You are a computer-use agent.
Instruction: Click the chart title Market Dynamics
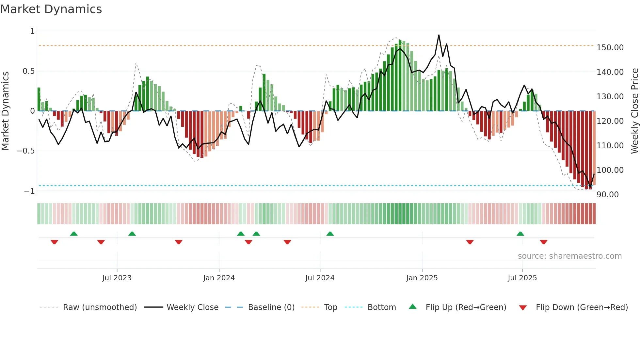click(51, 9)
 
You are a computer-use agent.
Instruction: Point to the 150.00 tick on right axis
click(610, 48)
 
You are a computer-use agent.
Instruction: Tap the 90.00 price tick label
click(607, 195)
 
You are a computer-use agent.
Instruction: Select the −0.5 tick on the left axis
click(25, 151)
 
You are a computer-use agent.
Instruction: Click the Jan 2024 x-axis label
click(219, 278)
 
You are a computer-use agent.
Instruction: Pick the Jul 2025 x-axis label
click(522, 278)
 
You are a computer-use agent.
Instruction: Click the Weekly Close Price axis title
click(634, 111)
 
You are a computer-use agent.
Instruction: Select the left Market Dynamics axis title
click(5, 111)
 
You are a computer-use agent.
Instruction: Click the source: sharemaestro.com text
click(569, 256)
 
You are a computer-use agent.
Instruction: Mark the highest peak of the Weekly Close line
click(439, 35)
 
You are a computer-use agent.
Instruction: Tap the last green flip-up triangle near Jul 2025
click(520, 234)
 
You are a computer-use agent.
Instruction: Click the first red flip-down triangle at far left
click(55, 242)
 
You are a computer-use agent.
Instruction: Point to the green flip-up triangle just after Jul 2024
click(330, 234)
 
